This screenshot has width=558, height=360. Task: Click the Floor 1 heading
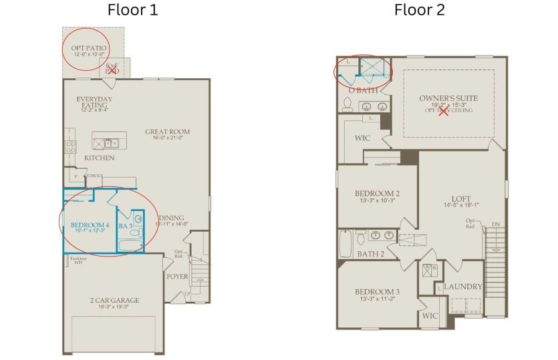point(134,10)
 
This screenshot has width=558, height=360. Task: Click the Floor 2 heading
point(419,10)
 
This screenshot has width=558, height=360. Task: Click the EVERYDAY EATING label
point(94,104)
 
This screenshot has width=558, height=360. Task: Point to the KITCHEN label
point(99,158)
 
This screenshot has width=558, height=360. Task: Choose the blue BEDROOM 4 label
point(90,225)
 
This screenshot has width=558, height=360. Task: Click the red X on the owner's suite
point(444,111)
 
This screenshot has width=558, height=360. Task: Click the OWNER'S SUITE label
point(448,98)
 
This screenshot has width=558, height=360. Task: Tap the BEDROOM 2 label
point(377,194)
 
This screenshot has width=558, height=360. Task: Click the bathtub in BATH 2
point(345,244)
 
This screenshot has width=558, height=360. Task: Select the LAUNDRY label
point(462,287)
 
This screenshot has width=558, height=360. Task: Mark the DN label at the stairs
point(495,224)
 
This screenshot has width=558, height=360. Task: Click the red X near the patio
point(112,69)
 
